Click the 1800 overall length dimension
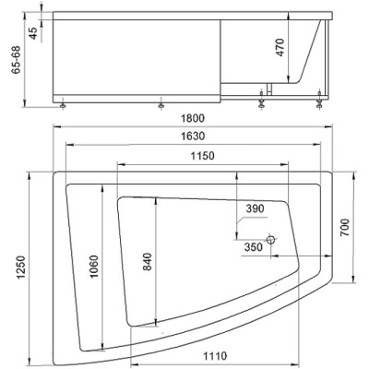click(x=193, y=118)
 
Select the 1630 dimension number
click(x=193, y=136)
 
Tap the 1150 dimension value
click(x=202, y=156)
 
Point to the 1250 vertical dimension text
click(x=21, y=268)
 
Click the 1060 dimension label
click(x=94, y=267)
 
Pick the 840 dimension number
click(x=148, y=261)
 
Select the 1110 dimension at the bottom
click(x=215, y=356)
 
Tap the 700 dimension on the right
click(x=345, y=227)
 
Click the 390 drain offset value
click(x=255, y=208)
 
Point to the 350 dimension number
click(x=254, y=247)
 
